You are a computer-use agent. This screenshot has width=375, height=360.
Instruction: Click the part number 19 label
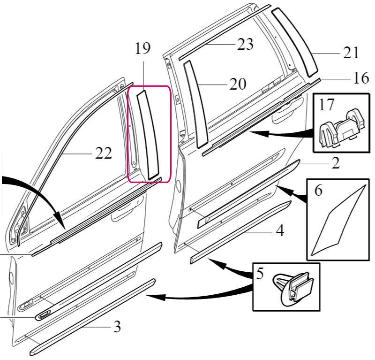(x=143, y=48)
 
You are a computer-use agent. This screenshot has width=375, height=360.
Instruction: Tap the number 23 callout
(x=245, y=44)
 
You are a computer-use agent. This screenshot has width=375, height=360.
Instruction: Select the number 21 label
(x=351, y=53)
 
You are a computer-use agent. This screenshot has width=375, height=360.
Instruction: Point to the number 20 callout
(x=238, y=84)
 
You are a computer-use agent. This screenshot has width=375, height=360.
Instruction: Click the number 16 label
(x=361, y=78)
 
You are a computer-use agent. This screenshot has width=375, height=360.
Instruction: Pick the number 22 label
(x=104, y=153)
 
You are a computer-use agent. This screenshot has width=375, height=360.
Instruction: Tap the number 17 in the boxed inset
(x=326, y=105)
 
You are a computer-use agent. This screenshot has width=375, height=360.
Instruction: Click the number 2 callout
(x=336, y=163)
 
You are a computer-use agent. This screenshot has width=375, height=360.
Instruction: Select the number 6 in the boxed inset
(x=318, y=191)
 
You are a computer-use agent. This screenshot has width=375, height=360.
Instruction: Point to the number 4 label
(x=280, y=230)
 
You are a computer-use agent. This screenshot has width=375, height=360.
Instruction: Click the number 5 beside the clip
(x=260, y=274)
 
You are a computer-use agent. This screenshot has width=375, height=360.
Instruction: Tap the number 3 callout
(x=117, y=326)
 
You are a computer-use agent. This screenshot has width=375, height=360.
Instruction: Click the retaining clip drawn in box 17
(x=343, y=128)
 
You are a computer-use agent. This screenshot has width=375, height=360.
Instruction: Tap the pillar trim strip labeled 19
(x=148, y=135)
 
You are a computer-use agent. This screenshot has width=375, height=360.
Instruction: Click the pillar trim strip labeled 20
(x=195, y=104)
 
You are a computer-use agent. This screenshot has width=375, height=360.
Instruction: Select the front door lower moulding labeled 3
(x=93, y=317)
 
